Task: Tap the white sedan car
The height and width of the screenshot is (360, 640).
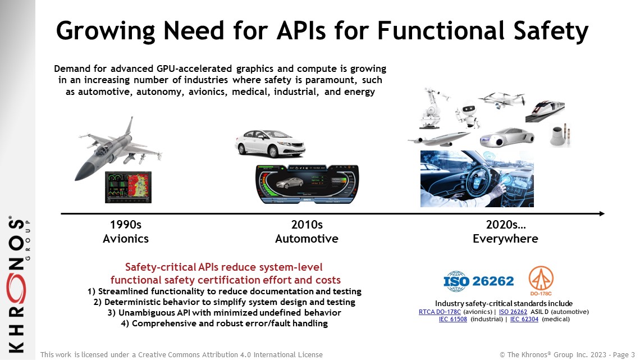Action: click(x=270, y=144)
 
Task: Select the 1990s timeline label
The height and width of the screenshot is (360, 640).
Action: click(x=126, y=225)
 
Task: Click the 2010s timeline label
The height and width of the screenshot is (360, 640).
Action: click(x=307, y=225)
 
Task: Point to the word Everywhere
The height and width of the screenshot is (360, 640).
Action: click(x=505, y=239)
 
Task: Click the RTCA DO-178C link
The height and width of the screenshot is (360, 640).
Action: click(x=440, y=312)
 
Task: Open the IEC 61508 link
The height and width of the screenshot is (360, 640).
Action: click(x=452, y=319)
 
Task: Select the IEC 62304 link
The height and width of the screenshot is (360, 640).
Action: click(x=524, y=319)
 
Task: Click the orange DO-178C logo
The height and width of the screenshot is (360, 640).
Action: click(x=541, y=280)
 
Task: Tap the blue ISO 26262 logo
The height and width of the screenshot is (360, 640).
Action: click(x=478, y=281)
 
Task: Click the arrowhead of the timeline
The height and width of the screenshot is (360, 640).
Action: click(x=602, y=213)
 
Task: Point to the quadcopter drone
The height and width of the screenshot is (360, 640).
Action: click(x=502, y=100)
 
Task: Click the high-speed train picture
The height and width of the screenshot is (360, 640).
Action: click(x=545, y=111)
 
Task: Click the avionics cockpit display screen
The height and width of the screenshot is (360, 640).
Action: click(x=128, y=188)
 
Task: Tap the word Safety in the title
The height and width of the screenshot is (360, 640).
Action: click(x=551, y=31)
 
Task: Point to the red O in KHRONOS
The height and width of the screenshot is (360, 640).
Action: click(x=16, y=289)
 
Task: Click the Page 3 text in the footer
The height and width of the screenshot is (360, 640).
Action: click(x=624, y=355)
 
